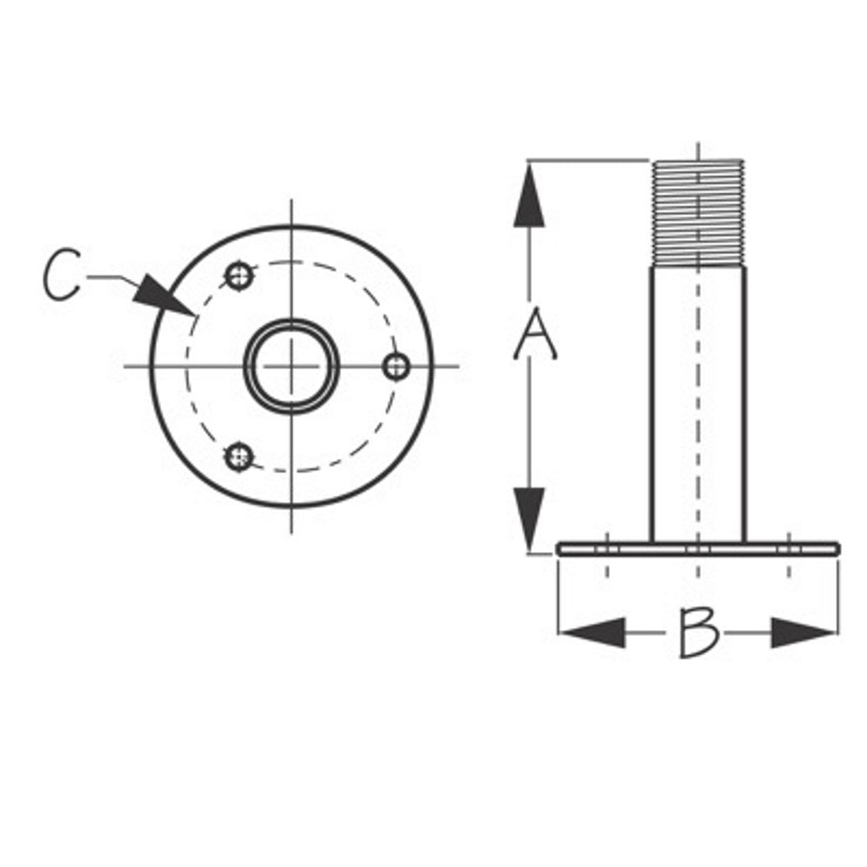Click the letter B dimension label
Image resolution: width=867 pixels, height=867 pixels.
coord(698,632)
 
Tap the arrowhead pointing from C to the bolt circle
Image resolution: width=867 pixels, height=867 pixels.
coord(163,297)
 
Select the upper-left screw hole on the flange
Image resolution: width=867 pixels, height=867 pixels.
coord(238,276)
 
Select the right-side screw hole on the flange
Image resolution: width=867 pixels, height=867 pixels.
coord(396,366)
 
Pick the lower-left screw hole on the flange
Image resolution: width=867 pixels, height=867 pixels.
coord(238,456)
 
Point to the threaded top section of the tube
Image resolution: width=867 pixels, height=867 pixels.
coord(698,212)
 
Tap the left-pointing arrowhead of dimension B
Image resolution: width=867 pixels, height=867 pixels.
coord(594,632)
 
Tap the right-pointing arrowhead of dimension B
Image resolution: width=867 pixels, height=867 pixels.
coord(802,632)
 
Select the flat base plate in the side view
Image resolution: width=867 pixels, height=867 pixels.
coord(698,547)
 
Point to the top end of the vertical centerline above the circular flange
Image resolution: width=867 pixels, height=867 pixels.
coord(291,205)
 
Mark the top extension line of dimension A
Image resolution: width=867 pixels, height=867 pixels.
coord(590,160)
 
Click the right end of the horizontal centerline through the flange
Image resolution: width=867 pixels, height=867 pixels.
coord(454,366)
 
